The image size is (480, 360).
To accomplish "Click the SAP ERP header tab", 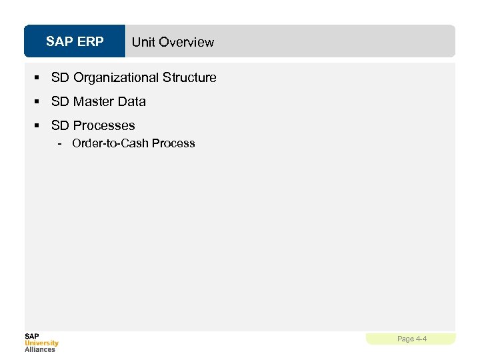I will click(75, 41).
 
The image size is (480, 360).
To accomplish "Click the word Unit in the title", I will click(143, 42).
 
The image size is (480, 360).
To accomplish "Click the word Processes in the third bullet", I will click(104, 125).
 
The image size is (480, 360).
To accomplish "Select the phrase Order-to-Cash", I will click(111, 143).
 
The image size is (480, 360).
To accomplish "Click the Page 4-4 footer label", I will click(411, 339).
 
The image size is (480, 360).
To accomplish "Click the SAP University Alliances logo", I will click(41, 342).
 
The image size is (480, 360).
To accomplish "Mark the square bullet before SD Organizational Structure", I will click(37, 78).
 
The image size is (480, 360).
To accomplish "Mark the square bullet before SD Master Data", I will click(37, 102).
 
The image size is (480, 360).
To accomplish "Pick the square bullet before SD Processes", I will click(37, 126).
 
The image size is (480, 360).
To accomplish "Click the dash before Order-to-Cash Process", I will click(61, 143).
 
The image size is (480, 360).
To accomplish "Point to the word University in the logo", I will click(41, 343).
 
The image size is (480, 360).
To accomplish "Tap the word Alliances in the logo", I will click(40, 349).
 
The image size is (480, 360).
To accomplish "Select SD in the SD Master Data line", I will click(60, 101).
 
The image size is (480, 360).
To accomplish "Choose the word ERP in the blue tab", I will click(91, 41).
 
